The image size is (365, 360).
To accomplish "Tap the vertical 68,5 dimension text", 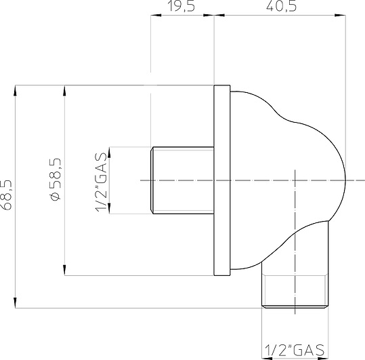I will pos(7,196).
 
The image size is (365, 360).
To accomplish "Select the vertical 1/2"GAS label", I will pos(101,180).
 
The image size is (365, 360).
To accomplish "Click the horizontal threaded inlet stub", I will pos(181,180).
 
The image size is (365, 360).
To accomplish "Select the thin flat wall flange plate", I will pos(222,180).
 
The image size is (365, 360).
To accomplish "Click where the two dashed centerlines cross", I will pos(295,180).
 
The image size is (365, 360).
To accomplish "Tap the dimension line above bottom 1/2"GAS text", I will pos(295,340).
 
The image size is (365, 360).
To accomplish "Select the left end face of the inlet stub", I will pos(151,180).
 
